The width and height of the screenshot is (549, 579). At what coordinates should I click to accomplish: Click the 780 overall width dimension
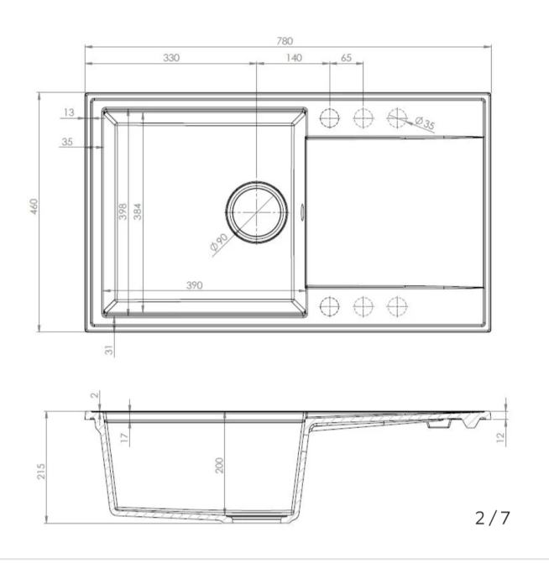pyautogui.click(x=285, y=40)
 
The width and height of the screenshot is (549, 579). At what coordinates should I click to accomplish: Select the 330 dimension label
pyautogui.click(x=171, y=58)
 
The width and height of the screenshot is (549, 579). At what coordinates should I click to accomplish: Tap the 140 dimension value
pyautogui.click(x=294, y=58)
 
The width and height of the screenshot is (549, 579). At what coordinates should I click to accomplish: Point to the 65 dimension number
pyautogui.click(x=346, y=58)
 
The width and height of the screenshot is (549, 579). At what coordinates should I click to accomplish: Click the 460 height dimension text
pyautogui.click(x=34, y=206)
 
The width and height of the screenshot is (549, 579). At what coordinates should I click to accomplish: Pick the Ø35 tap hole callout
pyautogui.click(x=425, y=123)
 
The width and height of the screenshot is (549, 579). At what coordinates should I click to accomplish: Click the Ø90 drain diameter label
pyautogui.click(x=219, y=243)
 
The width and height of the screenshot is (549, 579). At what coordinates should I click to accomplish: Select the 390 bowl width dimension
pyautogui.click(x=194, y=285)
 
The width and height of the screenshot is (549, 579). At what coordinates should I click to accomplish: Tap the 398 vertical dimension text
pyautogui.click(x=123, y=211)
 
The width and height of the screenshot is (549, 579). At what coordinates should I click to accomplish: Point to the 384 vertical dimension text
pyautogui.click(x=137, y=211)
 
